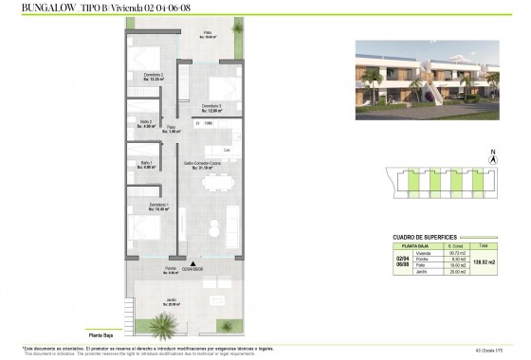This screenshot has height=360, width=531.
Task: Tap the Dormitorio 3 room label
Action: point(211,108)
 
